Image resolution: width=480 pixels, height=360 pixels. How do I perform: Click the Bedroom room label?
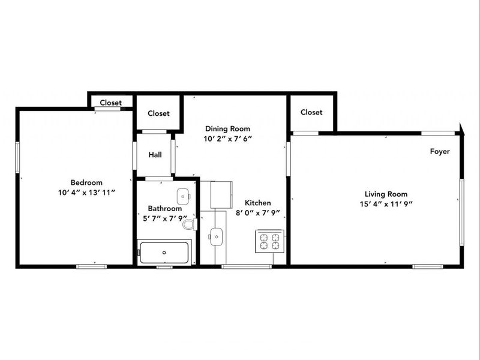[86, 182]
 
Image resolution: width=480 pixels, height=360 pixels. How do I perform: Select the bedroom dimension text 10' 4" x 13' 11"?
[86, 192]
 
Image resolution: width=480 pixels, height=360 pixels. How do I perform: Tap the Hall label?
[155, 155]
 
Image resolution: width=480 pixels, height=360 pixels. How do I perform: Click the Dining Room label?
[227, 128]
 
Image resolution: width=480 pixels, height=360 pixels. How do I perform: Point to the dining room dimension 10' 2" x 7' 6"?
[227, 138]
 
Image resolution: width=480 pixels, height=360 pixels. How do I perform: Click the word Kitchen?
[257, 203]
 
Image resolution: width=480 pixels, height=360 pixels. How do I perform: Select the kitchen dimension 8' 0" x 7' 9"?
[257, 212]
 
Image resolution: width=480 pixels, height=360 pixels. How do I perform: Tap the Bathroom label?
[164, 209]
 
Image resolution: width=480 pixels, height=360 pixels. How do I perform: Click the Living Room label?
[386, 194]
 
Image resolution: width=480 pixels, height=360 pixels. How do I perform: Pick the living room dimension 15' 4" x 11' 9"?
[386, 203]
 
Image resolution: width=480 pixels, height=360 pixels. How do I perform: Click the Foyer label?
[440, 152]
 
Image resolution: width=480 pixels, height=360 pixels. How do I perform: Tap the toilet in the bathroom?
[189, 225]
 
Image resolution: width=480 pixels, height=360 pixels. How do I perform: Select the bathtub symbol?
[164, 252]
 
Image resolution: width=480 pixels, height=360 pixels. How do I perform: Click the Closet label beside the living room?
[311, 112]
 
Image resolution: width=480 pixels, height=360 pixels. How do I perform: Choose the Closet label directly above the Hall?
[158, 113]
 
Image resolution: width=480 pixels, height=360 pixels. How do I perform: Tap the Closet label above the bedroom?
[110, 103]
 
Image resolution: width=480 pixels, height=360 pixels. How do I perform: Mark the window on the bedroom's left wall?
[17, 158]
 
